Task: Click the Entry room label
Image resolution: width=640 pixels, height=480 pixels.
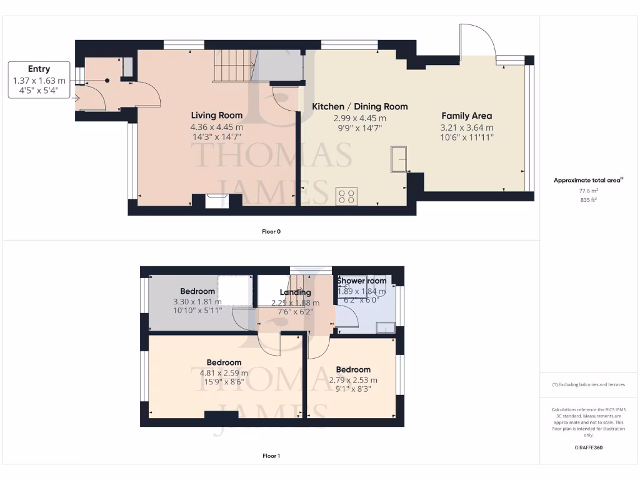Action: click(x=39, y=69)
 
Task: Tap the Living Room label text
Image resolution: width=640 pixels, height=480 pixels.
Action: click(x=217, y=115)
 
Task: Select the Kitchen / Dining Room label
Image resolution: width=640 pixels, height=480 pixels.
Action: click(x=359, y=106)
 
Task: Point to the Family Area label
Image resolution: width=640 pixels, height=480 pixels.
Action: click(x=466, y=116)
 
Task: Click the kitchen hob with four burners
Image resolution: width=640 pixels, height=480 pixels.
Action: click(x=347, y=196)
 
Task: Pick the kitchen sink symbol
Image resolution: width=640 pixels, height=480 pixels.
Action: click(x=397, y=159)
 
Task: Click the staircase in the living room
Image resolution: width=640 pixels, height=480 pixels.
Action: click(x=233, y=66)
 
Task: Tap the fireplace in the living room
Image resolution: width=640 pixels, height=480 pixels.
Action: click(x=217, y=199)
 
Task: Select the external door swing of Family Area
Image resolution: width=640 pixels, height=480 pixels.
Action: click(x=477, y=40)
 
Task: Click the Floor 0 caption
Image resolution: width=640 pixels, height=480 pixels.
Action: click(x=271, y=231)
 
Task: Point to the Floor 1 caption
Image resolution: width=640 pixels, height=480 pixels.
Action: click(x=271, y=456)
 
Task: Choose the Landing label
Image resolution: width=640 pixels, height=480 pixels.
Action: click(x=295, y=292)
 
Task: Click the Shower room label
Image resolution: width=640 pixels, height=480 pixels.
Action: click(x=362, y=281)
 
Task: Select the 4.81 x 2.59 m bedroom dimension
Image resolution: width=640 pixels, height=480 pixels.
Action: click(x=224, y=373)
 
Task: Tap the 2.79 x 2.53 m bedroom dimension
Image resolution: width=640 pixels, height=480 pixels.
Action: click(x=353, y=379)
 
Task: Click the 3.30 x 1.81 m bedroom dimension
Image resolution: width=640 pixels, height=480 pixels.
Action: click(x=197, y=302)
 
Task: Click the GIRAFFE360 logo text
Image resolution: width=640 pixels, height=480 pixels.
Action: click(x=588, y=447)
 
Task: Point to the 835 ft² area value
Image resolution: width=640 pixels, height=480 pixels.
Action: click(x=588, y=201)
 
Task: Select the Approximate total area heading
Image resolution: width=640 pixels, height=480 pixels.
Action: click(x=588, y=180)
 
